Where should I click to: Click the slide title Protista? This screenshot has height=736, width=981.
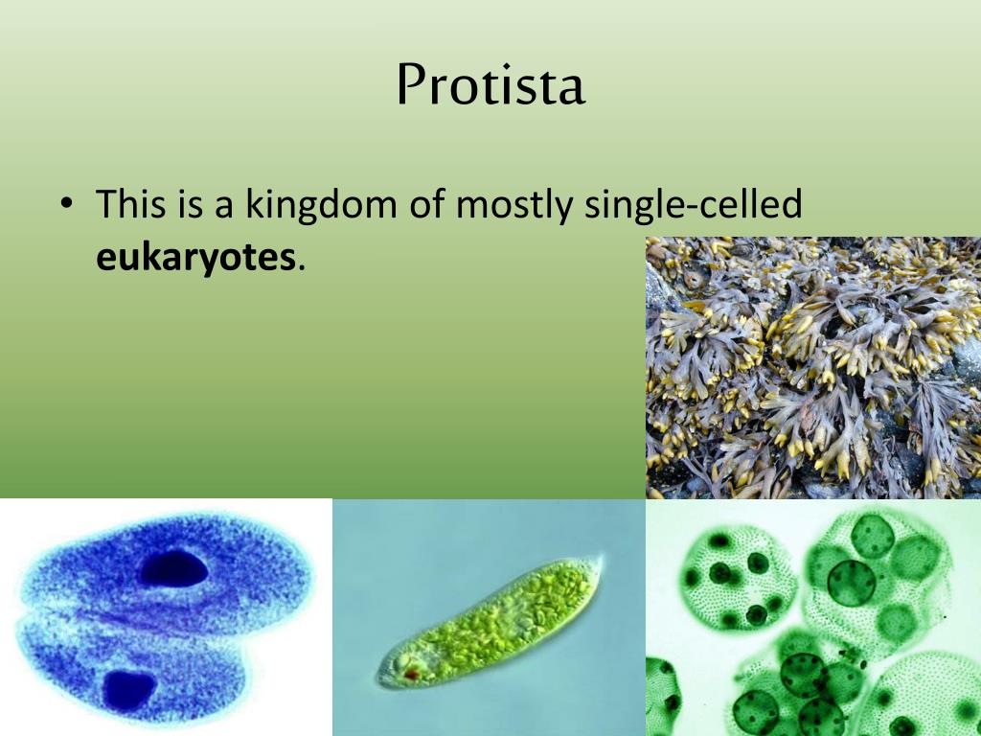[x=490, y=86]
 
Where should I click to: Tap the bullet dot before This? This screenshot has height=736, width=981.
[x=65, y=206]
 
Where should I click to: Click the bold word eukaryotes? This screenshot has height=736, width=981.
[x=195, y=258]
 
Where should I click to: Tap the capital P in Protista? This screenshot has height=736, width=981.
[x=410, y=86]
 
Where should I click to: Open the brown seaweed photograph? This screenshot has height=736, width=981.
[x=813, y=368]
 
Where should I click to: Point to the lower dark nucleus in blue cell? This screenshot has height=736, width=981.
[x=128, y=690]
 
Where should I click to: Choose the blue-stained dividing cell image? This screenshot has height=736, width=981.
[x=166, y=617]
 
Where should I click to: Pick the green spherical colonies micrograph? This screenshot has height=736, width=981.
[x=813, y=617]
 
